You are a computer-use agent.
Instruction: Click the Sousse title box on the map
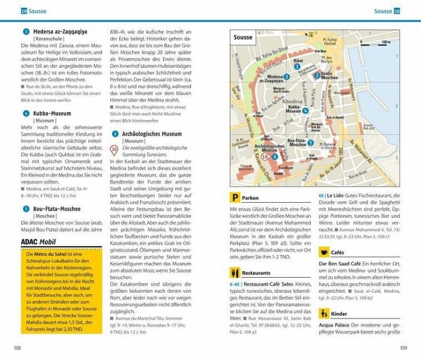point(243,37)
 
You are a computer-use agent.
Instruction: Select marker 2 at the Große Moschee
point(316,76)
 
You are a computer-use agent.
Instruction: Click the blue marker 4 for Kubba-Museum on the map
point(306,110)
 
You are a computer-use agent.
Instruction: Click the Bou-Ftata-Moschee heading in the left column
point(57,209)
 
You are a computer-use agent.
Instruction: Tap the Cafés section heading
point(337,253)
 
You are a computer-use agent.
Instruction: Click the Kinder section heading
point(339,313)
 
